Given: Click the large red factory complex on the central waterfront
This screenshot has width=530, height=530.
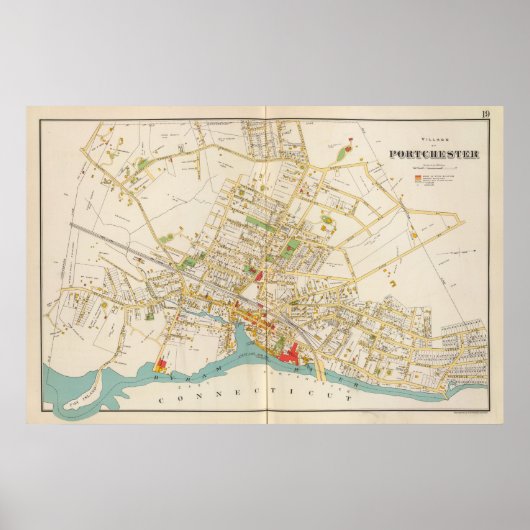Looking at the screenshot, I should pyautogui.click(x=297, y=351).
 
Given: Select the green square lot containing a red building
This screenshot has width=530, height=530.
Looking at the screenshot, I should pyautogui.click(x=292, y=244).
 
